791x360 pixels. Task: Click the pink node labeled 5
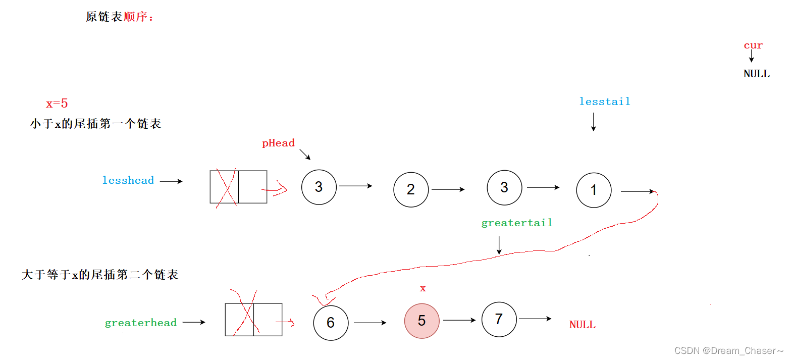[421, 321]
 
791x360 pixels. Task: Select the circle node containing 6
[331, 323]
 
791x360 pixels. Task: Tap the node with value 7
[499, 319]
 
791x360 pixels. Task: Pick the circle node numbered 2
[411, 189]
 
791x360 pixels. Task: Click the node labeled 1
[594, 190]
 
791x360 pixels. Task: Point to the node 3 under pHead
[319, 187]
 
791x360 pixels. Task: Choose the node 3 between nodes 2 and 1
[504, 187]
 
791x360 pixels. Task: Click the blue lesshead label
[128, 181]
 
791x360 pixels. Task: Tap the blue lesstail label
[605, 101]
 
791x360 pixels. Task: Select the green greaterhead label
[140, 323]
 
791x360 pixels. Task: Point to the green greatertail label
[517, 223]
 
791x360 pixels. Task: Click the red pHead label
[278, 143]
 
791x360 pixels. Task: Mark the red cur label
[753, 45]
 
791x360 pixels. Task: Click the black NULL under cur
[756, 74]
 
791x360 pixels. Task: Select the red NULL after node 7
[582, 325]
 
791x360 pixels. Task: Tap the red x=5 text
[57, 104]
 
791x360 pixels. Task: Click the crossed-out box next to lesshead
[238, 187]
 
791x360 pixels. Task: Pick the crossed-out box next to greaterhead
[253, 320]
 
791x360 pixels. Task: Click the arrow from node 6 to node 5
[370, 322]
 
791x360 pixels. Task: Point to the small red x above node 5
[423, 289]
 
